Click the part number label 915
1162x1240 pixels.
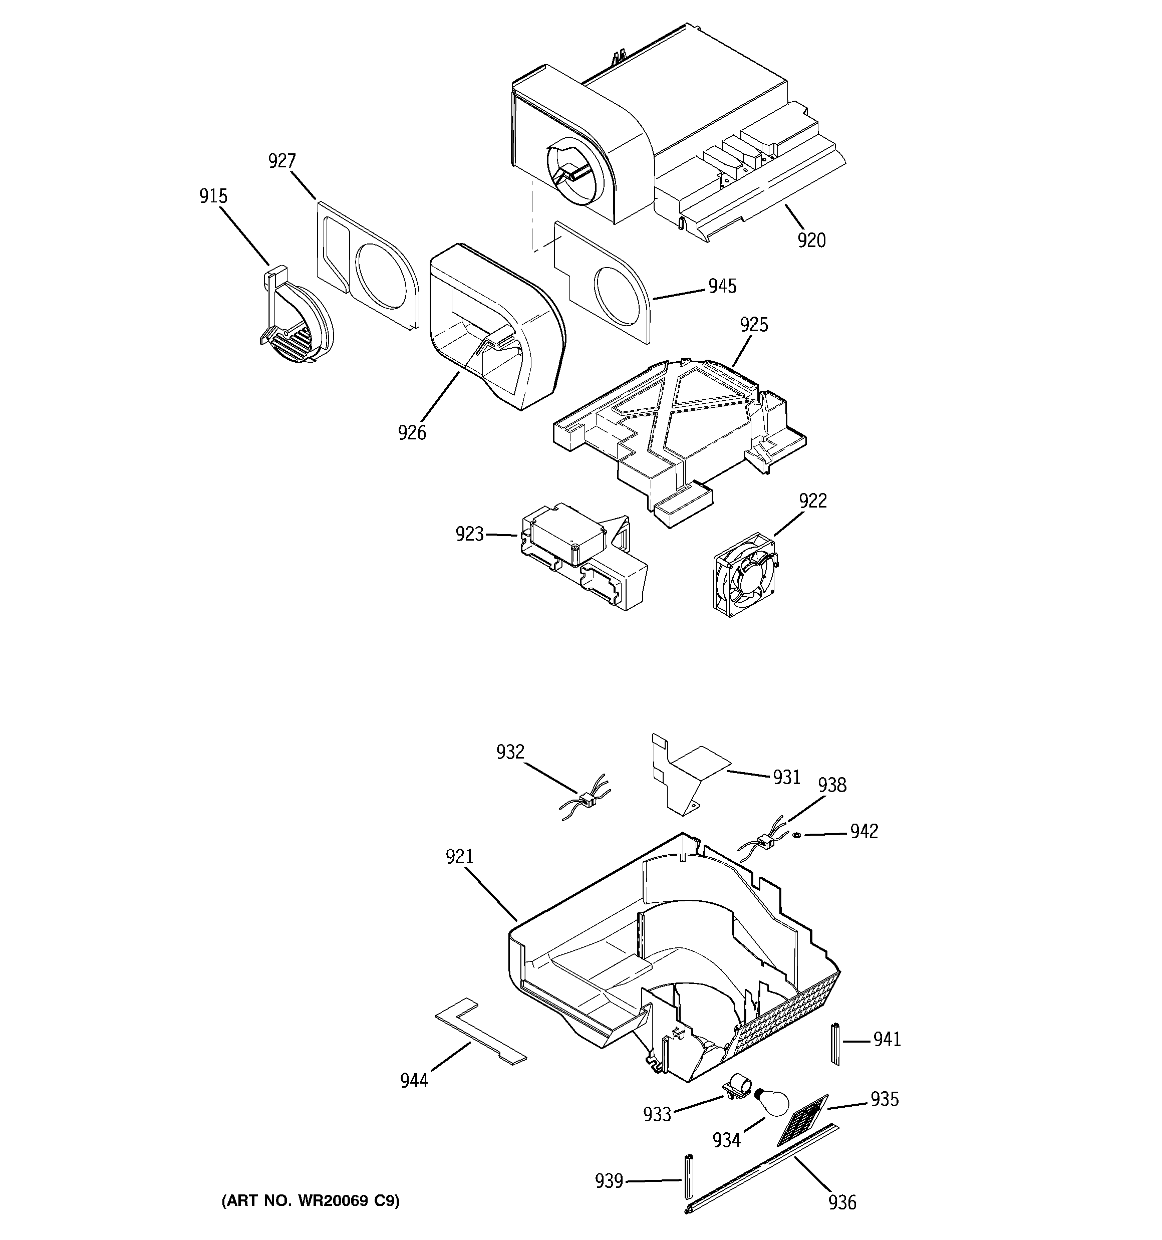213,196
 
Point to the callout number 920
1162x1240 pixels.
811,240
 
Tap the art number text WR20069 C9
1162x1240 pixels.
310,1201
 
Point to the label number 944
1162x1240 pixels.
414,1080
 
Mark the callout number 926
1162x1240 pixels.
412,432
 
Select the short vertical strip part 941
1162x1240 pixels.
834,1044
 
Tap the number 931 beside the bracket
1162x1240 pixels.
786,777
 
